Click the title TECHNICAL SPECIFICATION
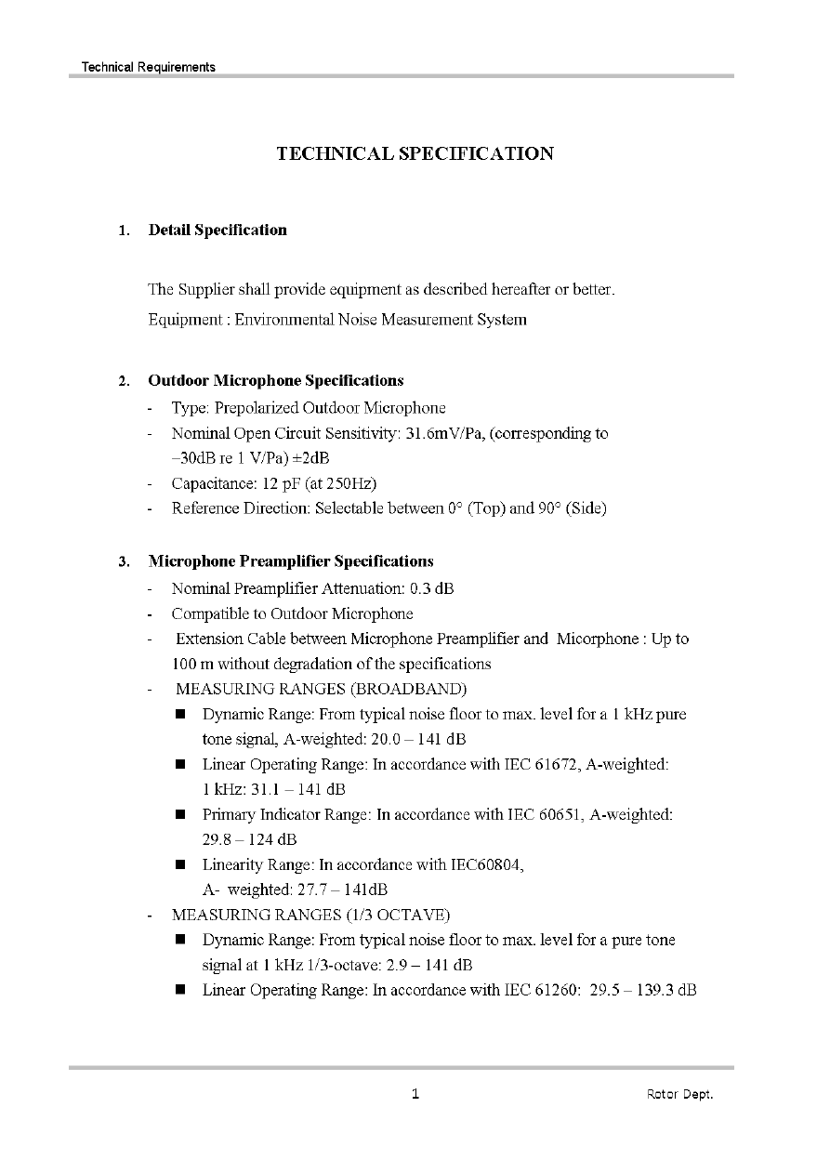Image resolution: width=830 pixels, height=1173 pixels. point(415,154)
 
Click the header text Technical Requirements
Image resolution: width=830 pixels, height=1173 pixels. point(149,67)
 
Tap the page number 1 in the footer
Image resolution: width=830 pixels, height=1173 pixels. point(415,1094)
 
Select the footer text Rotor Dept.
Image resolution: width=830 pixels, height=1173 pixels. point(679,1095)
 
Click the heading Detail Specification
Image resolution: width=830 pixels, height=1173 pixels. point(217,231)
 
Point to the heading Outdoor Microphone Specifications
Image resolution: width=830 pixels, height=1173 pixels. point(276,381)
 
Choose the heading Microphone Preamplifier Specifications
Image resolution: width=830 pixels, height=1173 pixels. point(291,561)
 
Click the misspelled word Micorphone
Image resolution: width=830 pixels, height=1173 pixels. point(595,639)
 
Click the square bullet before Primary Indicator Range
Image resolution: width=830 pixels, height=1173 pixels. point(181,814)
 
